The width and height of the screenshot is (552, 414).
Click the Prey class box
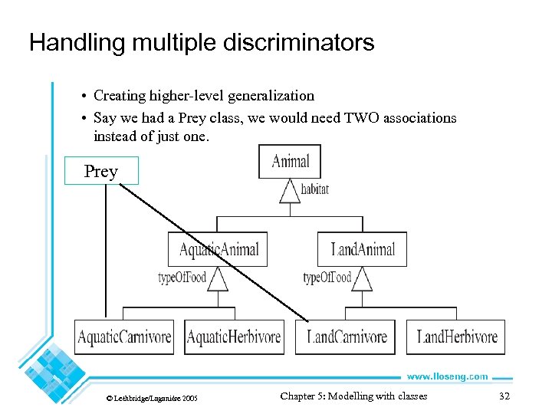click(x=101, y=171)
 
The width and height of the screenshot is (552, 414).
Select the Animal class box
click(x=290, y=161)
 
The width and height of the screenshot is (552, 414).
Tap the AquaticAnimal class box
click(x=218, y=249)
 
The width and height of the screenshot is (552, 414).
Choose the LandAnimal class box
click(x=363, y=249)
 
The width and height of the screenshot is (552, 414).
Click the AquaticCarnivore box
click(x=124, y=337)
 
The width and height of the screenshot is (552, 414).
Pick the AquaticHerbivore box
click(x=234, y=337)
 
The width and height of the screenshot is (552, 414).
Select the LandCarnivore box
click(x=346, y=337)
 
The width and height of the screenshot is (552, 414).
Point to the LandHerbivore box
click(x=456, y=337)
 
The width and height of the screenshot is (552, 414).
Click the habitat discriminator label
click(x=314, y=189)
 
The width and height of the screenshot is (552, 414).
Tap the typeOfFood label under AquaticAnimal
click(x=182, y=278)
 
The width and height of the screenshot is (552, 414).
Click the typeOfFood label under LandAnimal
click(x=327, y=278)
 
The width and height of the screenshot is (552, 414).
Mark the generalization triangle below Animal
click(x=290, y=191)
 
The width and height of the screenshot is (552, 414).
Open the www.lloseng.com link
click(x=446, y=376)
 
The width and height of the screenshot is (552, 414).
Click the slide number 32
click(x=504, y=396)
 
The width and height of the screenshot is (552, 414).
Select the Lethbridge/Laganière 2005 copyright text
click(x=152, y=399)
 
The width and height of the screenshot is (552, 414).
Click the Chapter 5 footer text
click(x=353, y=396)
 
